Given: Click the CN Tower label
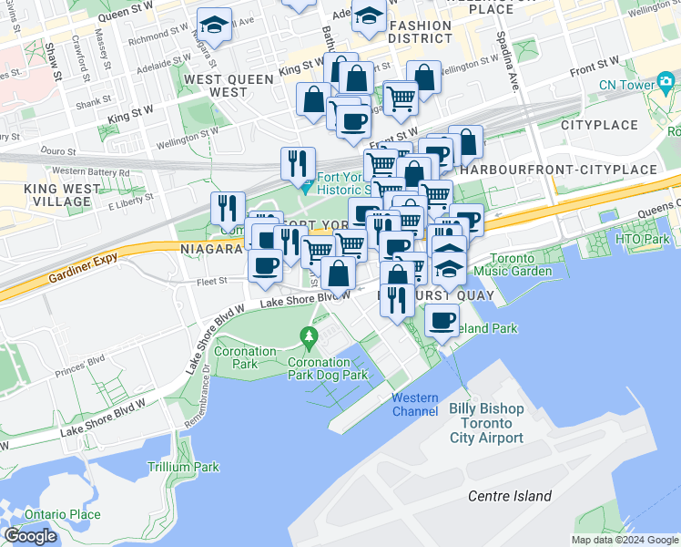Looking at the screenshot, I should pos(627,85).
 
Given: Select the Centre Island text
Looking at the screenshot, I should pos(510,496).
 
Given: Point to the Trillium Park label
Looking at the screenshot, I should pos(183,467).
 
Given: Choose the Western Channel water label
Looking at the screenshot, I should pos(415,405).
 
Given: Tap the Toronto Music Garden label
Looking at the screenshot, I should pos(520,265).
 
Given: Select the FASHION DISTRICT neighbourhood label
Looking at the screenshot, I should pos(420,32).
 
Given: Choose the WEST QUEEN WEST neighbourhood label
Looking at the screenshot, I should pos(229,86).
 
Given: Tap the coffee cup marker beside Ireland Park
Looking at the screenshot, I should pos(442,322).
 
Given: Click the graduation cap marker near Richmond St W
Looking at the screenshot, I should pos(215,24).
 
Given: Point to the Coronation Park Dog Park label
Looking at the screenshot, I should pos(328,368).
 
